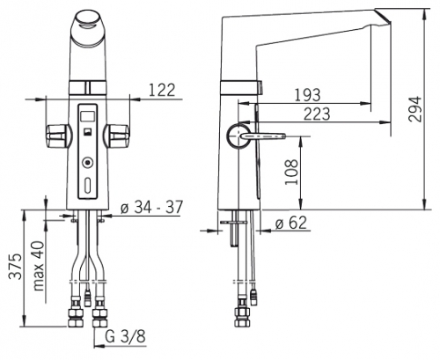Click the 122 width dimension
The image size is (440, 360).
click(162, 90)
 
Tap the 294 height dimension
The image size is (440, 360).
click(415, 108)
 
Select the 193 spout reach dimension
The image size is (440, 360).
click(307, 95)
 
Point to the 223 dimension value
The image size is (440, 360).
click(317, 114)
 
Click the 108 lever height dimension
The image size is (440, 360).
click(291, 172)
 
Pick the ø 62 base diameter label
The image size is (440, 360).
click(291, 223)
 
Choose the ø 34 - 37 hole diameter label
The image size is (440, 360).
click(151, 208)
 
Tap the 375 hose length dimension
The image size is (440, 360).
click(15, 266)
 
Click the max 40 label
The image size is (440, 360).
click(39, 266)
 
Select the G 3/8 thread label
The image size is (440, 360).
click(125, 336)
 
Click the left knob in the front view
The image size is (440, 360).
click(58, 136)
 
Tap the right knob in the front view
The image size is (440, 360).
click(116, 136)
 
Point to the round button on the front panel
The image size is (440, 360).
click(87, 162)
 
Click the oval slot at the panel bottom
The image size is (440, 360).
click(87, 184)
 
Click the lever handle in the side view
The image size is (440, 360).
click(263, 136)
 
